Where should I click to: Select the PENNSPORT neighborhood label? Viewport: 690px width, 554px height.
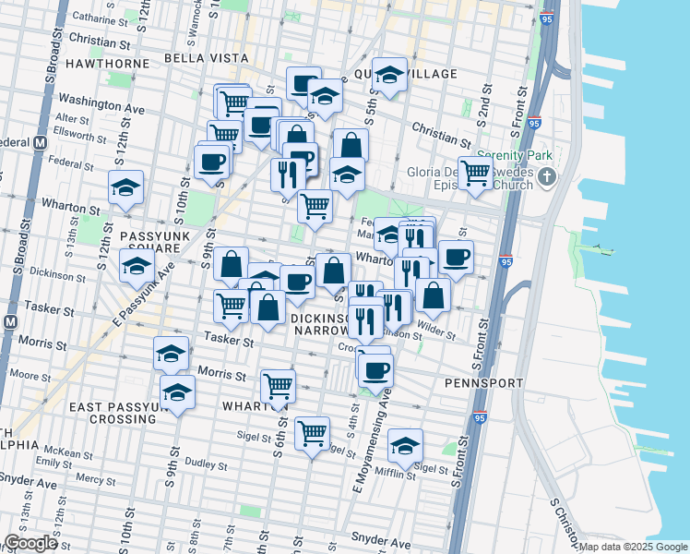[483, 382]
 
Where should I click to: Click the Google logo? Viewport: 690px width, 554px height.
[30, 544]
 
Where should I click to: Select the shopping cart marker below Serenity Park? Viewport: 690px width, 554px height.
[475, 170]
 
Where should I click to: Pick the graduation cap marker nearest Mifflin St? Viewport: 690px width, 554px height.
[405, 444]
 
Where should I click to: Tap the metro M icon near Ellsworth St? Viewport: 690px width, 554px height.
[40, 143]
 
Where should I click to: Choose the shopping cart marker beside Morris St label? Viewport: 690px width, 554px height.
[278, 385]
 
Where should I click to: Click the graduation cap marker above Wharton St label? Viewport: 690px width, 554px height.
[125, 187]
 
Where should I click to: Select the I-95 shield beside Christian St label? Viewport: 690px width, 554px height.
[535, 122]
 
